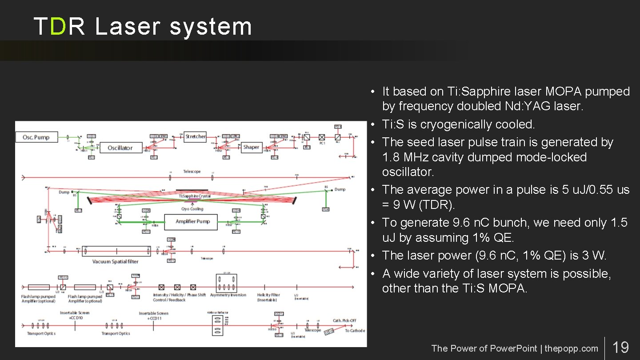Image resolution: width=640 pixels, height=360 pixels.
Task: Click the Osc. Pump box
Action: click(36, 137)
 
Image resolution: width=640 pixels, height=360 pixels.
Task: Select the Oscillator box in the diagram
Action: click(120, 148)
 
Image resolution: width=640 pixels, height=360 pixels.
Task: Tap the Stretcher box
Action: click(196, 136)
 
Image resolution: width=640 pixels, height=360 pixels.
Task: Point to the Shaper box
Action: click(251, 147)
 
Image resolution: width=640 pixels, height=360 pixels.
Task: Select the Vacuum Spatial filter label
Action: click(115, 262)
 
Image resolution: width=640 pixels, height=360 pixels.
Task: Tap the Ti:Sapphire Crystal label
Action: click(194, 196)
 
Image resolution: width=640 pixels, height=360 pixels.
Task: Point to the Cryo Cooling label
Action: click(192, 209)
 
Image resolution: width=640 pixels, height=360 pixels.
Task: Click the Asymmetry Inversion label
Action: click(228, 295)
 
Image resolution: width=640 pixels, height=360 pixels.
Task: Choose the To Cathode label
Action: click(355, 331)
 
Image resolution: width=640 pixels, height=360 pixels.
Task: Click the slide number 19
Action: click(620, 347)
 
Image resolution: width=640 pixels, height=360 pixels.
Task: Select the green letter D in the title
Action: click(58, 27)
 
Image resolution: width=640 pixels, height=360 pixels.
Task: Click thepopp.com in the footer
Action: click(571, 348)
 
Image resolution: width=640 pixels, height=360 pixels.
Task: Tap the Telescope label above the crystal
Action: click(192, 172)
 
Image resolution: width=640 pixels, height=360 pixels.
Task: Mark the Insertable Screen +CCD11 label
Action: click(154, 316)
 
